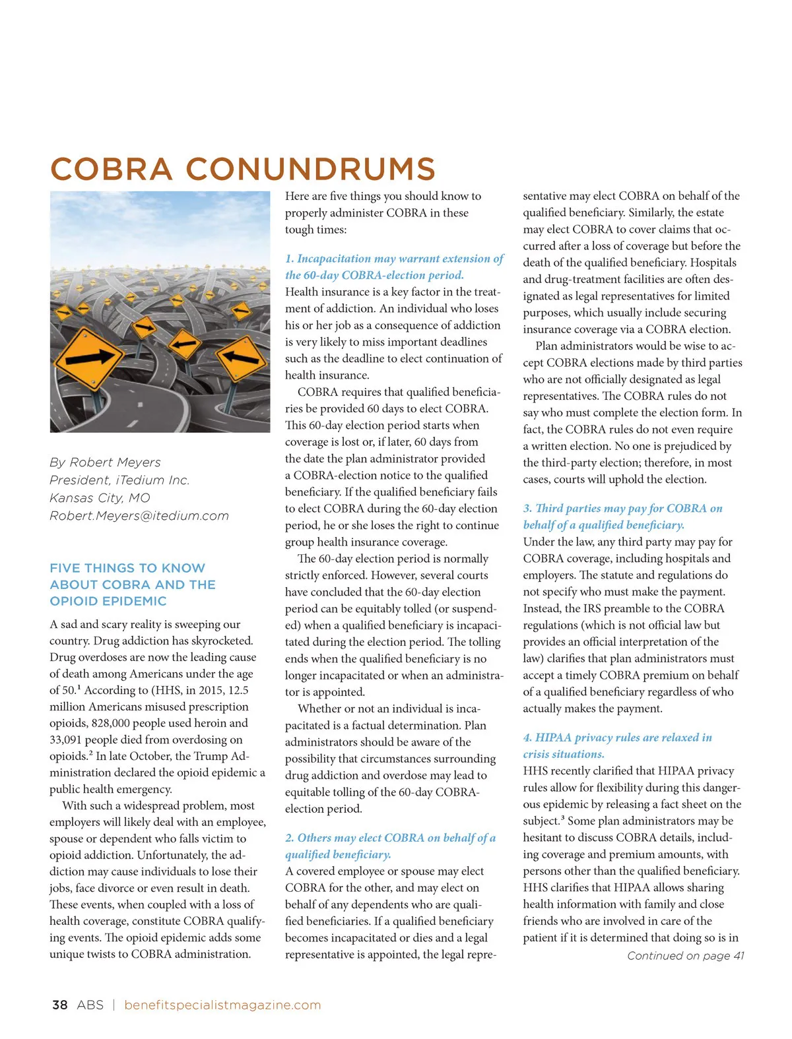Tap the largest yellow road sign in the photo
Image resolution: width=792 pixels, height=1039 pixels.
coord(88,357)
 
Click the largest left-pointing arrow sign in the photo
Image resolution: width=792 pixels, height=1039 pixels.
coord(241,357)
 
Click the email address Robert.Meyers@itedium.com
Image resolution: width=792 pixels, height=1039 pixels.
coord(139,516)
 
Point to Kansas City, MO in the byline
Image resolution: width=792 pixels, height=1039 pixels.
coord(100,498)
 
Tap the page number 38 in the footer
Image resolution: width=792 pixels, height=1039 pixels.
coord(59,1005)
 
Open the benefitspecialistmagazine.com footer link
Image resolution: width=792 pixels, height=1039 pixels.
coord(222,1005)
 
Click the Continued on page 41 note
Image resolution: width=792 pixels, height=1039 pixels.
coord(685,956)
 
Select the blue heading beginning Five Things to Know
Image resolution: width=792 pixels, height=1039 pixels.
coord(132,584)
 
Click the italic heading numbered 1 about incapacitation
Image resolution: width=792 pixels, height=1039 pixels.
coord(394,267)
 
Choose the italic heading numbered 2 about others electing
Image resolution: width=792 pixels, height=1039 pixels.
coord(390,846)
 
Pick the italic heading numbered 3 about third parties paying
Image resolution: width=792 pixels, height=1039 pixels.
coord(622,517)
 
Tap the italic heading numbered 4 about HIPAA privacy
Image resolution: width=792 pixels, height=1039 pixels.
coord(617,745)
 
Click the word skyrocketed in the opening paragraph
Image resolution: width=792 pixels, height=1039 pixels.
coord(220,641)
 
